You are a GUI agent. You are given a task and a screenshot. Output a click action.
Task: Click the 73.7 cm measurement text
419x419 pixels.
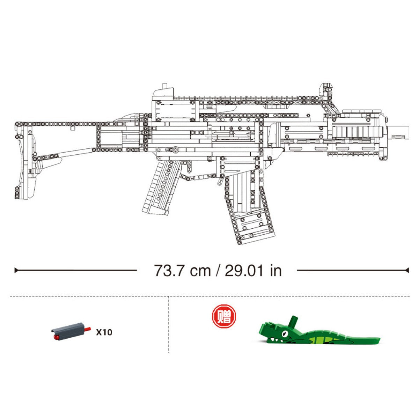pos(182,271)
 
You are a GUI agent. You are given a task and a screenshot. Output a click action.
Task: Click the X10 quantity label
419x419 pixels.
pos(104,332)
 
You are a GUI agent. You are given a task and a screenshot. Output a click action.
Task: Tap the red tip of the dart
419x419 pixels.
pos(56,337)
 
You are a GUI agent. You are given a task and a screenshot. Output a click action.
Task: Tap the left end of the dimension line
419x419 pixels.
pos(15,270)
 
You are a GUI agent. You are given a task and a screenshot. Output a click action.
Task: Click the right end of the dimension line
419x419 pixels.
pos(407,270)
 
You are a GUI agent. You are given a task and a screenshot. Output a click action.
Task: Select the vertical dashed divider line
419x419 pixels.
pos(168,325)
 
